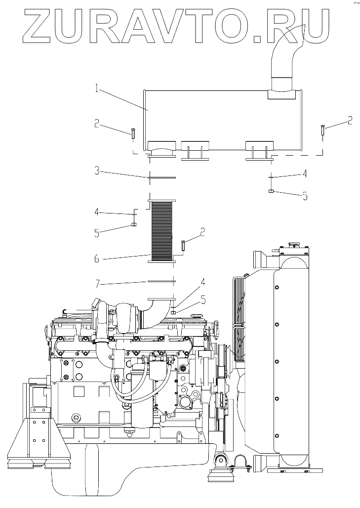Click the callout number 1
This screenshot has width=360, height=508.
[x=97, y=90]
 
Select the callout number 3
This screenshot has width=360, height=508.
[x=98, y=171]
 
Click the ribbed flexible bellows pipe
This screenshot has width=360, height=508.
[x=161, y=229]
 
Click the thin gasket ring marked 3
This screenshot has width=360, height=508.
[x=161, y=177]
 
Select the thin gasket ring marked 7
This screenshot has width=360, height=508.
[x=161, y=282]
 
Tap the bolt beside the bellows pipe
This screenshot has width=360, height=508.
[x=184, y=244]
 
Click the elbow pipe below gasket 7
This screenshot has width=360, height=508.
[x=160, y=306]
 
